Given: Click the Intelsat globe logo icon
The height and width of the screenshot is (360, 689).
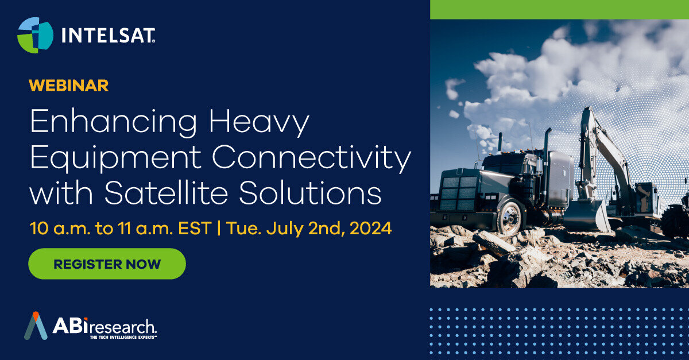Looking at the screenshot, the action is coord(36,35).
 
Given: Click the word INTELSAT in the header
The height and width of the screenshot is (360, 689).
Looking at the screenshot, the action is coord(108,36).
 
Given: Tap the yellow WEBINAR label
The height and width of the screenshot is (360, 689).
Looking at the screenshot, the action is coord(68,85).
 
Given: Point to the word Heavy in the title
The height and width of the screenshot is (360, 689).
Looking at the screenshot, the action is coord(259,122).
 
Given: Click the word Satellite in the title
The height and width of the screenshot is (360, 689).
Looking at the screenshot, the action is coord(167,192).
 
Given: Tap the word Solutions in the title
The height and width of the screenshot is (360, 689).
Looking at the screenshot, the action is coord(311,192).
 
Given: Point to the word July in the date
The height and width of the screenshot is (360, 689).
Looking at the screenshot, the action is coord(285,229).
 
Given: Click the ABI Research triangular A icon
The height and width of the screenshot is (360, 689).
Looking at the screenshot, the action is coord(36,326).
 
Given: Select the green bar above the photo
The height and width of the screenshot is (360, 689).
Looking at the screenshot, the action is coord(559,10).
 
